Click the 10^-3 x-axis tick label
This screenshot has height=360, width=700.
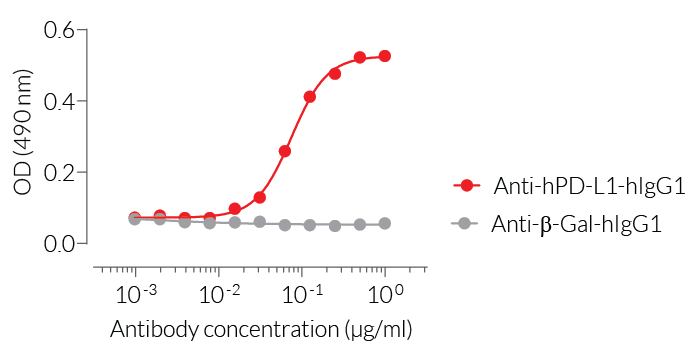click(x=134, y=293)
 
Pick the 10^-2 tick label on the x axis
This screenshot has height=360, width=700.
click(x=218, y=293)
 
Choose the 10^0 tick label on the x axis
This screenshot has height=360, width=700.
click(x=385, y=293)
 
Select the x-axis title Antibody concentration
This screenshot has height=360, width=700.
click(x=261, y=329)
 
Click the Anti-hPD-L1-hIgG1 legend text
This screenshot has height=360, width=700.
click(x=575, y=185)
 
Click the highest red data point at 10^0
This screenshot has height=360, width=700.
click(x=385, y=56)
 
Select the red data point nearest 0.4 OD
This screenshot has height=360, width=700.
click(x=310, y=97)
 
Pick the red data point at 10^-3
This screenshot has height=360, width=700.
click(x=135, y=217)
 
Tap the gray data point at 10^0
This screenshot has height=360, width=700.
click(x=385, y=224)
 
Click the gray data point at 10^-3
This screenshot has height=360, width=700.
click(x=135, y=219)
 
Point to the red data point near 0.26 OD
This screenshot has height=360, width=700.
click(x=285, y=151)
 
